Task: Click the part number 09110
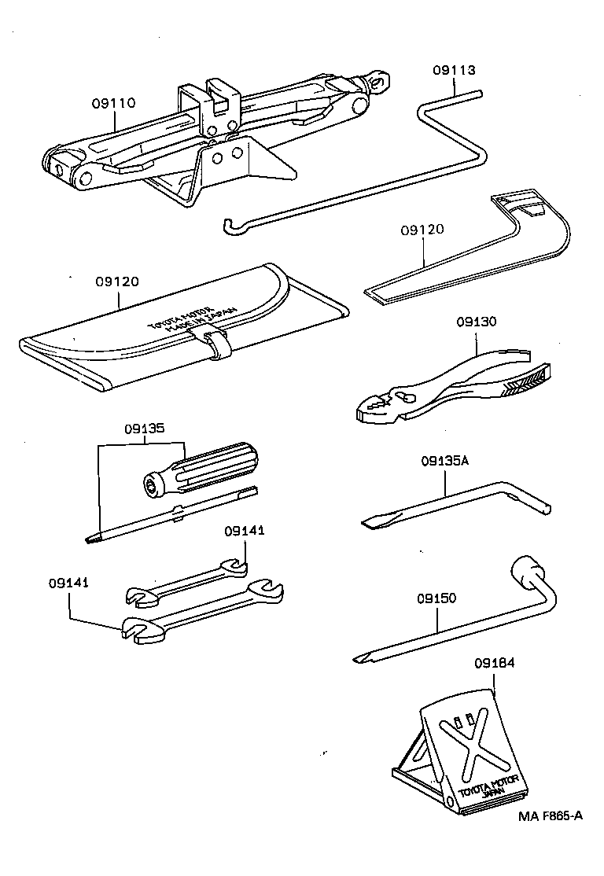pyautogui.click(x=113, y=102)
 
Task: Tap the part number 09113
pyautogui.click(x=454, y=70)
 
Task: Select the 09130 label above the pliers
pyautogui.click(x=477, y=322)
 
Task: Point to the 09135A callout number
pyautogui.click(x=444, y=461)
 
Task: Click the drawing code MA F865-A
pyautogui.click(x=550, y=815)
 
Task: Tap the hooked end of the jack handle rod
pyautogui.click(x=230, y=226)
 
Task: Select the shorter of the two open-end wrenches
pyautogui.click(x=189, y=583)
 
